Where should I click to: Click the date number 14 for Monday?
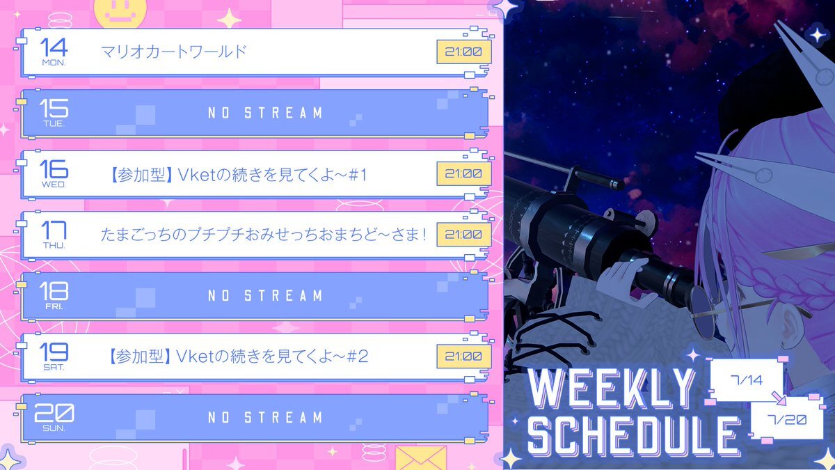54,47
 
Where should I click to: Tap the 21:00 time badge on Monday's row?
463,52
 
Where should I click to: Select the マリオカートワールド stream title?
174,52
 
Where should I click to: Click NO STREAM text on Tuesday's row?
265,113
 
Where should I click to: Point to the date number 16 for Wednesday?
54,169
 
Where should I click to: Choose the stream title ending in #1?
237,175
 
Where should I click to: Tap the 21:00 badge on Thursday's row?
463,235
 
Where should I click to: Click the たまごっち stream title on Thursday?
263,235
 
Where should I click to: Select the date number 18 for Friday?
54,291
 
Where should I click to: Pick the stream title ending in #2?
237,357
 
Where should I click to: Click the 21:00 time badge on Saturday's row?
463,357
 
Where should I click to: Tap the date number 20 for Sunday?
54,413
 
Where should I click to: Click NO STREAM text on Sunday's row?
265,417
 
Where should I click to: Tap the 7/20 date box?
786,419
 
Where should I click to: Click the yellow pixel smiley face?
120,13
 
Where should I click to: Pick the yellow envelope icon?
420,458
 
